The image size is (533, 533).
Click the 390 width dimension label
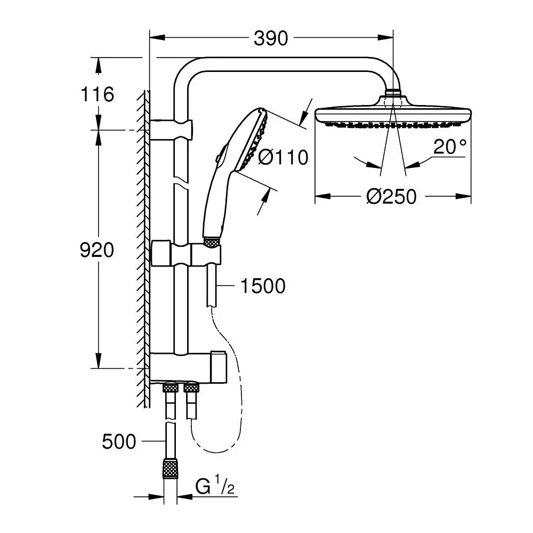click(271, 38)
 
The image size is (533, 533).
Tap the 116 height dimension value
click(97, 94)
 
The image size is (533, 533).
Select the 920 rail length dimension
click(97, 250)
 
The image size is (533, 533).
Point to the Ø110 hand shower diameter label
click(283, 157)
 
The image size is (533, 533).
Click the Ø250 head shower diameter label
click(392, 197)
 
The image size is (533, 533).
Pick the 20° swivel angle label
click(450, 147)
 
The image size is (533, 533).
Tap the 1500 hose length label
click(263, 286)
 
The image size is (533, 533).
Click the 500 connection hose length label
click(119, 441)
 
